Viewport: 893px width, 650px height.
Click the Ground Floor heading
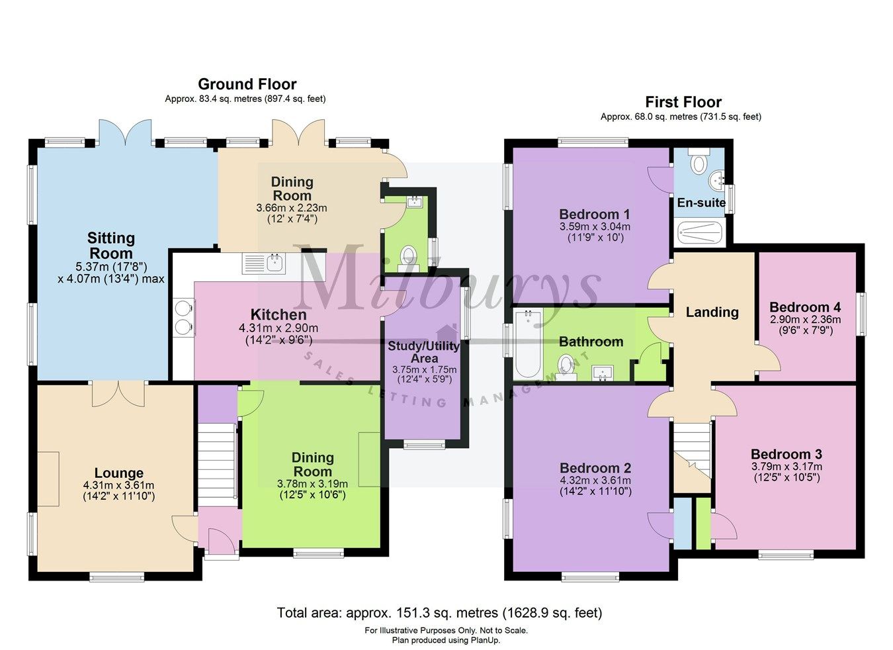(x=247, y=84)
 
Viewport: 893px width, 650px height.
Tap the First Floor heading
(x=683, y=102)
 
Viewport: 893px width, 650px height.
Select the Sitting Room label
(x=111, y=246)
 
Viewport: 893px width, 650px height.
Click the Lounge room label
(x=118, y=473)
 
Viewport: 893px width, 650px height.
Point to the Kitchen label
(x=278, y=314)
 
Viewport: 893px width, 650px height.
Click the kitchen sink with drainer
(x=264, y=263)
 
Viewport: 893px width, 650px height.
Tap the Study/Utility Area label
(x=424, y=351)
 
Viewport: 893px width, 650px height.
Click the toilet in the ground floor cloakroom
(x=409, y=255)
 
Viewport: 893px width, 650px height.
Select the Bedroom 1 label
(x=594, y=214)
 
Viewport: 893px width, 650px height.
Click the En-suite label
(x=701, y=203)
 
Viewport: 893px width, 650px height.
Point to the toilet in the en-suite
(x=697, y=162)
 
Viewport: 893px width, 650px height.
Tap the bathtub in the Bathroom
(x=528, y=344)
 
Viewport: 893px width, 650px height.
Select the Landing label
(x=712, y=312)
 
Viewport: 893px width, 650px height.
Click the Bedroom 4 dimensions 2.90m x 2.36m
(x=805, y=320)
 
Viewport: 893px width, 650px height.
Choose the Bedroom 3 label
(x=786, y=454)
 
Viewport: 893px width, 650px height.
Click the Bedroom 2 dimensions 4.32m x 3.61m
(x=595, y=481)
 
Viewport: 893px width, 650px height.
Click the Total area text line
(x=439, y=613)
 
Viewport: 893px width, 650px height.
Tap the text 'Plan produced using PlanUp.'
(x=446, y=640)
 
